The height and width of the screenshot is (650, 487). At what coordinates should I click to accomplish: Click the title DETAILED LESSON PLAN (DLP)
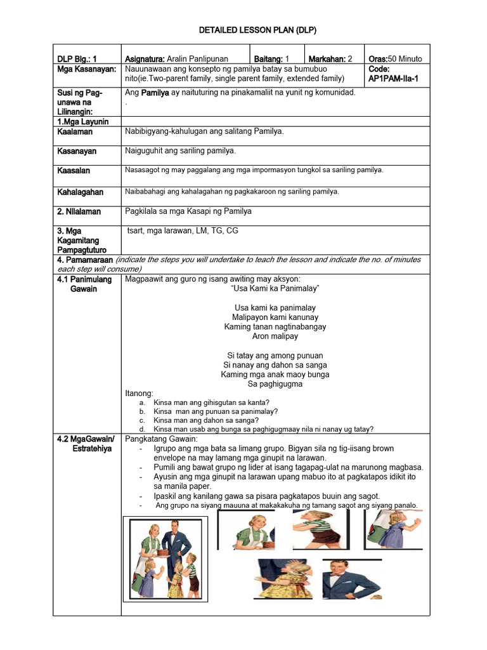[x=243, y=30]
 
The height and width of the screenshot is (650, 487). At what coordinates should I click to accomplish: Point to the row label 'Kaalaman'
[x=74, y=131]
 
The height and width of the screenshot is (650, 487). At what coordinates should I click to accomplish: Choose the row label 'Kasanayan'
[x=76, y=151]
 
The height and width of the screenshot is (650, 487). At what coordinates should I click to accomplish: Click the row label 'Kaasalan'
[x=74, y=171]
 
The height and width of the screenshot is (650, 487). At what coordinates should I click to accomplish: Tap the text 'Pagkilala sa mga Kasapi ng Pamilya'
[x=188, y=211]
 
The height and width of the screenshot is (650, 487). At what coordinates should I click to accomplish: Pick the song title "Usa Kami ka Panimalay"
[x=275, y=288]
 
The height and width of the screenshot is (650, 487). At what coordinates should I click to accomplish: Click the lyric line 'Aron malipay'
[x=275, y=336]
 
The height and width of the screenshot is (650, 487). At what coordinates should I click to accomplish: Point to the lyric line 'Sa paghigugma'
[x=275, y=383]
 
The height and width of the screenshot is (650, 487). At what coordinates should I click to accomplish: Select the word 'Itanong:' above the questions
[x=140, y=394]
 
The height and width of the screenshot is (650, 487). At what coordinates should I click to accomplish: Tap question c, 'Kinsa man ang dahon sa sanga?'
[x=206, y=420]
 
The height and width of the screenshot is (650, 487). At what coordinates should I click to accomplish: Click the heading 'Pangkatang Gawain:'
[x=162, y=439]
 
